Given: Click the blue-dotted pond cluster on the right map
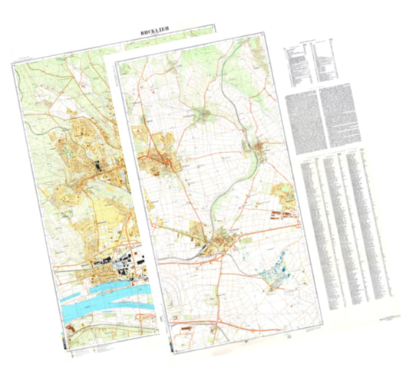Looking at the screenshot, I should coord(272,268).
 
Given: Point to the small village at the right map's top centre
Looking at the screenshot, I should coord(206,115).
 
